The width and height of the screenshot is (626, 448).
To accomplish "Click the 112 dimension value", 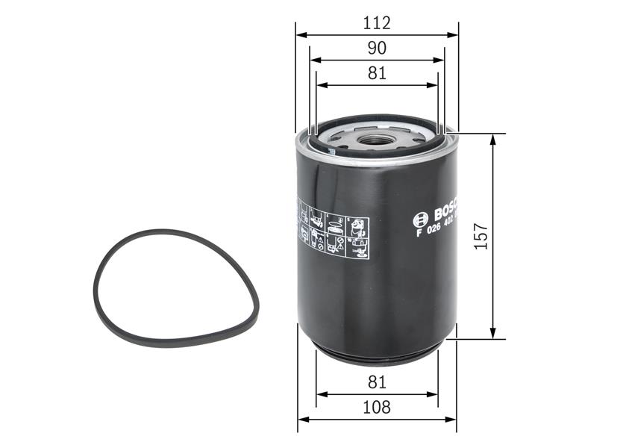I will (x=377, y=23).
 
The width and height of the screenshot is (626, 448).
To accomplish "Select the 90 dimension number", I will (x=377, y=48).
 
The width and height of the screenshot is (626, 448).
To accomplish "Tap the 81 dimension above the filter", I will (x=377, y=73).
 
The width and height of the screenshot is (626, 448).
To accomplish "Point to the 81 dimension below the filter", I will (x=377, y=382).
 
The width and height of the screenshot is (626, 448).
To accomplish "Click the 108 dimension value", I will (x=377, y=408).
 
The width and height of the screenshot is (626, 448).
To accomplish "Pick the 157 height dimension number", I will (x=481, y=236).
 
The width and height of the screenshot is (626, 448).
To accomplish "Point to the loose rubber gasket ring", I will (x=175, y=287).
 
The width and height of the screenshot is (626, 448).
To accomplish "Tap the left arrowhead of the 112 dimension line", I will (x=299, y=34).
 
